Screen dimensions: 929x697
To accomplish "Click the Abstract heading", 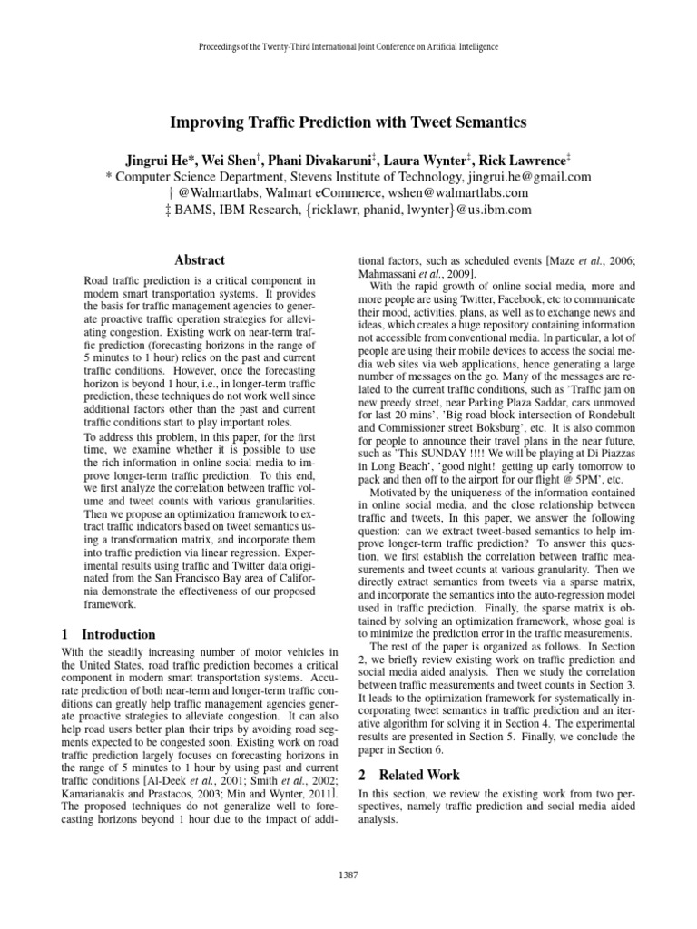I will pyautogui.click(x=199, y=259).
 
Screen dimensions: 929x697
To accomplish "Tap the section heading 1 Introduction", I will pyautogui.click(x=108, y=634).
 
